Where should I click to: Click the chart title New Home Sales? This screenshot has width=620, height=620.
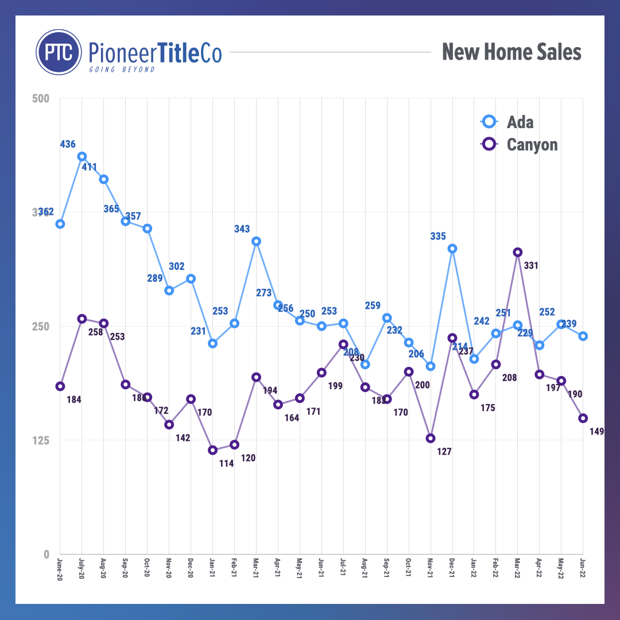click(x=511, y=52)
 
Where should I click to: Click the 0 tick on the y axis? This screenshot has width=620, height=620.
click(x=46, y=554)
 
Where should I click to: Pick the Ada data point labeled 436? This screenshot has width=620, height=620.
click(x=82, y=156)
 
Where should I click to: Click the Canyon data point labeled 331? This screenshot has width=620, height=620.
click(x=518, y=252)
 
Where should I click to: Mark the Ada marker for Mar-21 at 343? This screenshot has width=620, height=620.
click(x=257, y=241)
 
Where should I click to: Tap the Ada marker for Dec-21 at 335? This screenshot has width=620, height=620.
click(x=452, y=249)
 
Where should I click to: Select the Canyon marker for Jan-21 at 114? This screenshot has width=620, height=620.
click(x=213, y=450)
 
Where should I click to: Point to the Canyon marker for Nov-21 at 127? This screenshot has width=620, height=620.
click(x=431, y=438)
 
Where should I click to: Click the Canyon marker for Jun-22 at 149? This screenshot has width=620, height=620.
click(x=583, y=418)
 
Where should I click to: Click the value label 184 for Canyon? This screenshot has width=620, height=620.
click(x=73, y=400)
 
